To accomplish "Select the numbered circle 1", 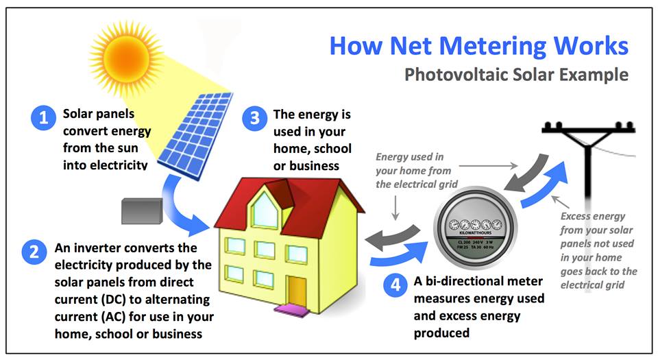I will click(43, 118).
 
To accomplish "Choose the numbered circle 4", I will click(393, 286).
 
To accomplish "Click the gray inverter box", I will click(141, 211).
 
